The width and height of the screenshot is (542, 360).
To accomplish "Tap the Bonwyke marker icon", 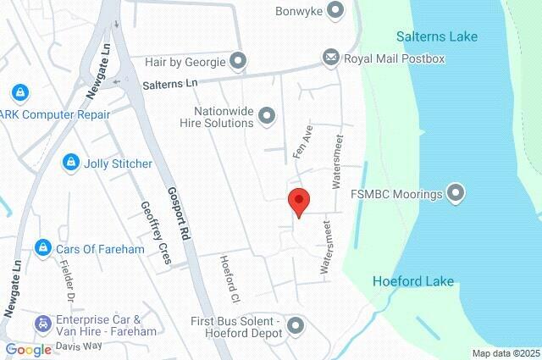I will pyautogui.click(x=335, y=11).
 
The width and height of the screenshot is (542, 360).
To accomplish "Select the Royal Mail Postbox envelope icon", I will pyautogui.click(x=330, y=58).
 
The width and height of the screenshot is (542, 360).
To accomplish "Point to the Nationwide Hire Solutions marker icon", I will pyautogui.click(x=267, y=114).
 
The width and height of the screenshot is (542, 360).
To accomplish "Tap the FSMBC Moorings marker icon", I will pyautogui.click(x=456, y=194).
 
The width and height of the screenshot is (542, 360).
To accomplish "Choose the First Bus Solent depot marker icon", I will pyautogui.click(x=295, y=325).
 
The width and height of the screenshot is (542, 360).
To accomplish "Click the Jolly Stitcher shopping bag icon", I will pyautogui.click(x=71, y=163).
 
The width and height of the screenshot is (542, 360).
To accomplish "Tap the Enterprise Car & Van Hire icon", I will pyautogui.click(x=42, y=324).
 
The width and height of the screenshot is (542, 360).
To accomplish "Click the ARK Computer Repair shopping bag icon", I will pyautogui.click(x=19, y=92).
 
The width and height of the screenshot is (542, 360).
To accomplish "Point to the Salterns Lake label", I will pyautogui.click(x=437, y=36).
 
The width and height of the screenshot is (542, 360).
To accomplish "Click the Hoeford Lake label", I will pyautogui.click(x=413, y=281).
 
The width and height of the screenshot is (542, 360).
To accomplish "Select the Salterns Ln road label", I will pyautogui.click(x=169, y=85).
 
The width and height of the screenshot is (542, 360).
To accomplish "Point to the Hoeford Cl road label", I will pyautogui.click(x=230, y=279).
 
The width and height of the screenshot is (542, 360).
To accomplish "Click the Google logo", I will pyautogui.click(x=28, y=349).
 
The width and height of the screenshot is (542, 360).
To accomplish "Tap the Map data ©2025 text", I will pyautogui.click(x=505, y=353).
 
